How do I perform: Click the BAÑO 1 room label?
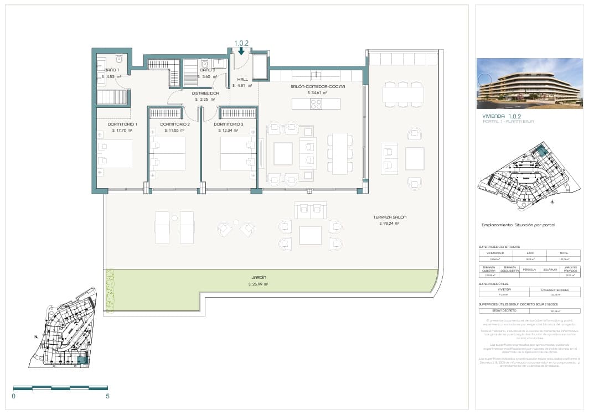pyautogui.click(x=112, y=69)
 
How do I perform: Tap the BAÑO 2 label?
pyautogui.click(x=207, y=70)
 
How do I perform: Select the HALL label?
pyautogui.click(x=242, y=79)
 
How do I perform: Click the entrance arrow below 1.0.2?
pyautogui.click(x=241, y=51)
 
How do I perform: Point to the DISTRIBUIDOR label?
pyautogui.click(x=205, y=93)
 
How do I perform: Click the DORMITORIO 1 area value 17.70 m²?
pyautogui.click(x=121, y=131)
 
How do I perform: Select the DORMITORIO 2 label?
pyautogui.click(x=175, y=124)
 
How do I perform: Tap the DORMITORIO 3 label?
pyautogui.click(x=229, y=124)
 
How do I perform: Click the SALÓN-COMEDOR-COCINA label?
pyautogui.click(x=318, y=87)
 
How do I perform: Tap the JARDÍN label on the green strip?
pyautogui.click(x=259, y=277)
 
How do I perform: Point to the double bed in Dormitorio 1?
pyautogui.click(x=115, y=153)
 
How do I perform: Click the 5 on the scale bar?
pyautogui.click(x=107, y=397)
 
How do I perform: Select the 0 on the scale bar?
pyautogui.click(x=14, y=397)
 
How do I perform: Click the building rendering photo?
pyautogui.click(x=529, y=83)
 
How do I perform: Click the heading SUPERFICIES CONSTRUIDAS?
pyautogui.click(x=499, y=246)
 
